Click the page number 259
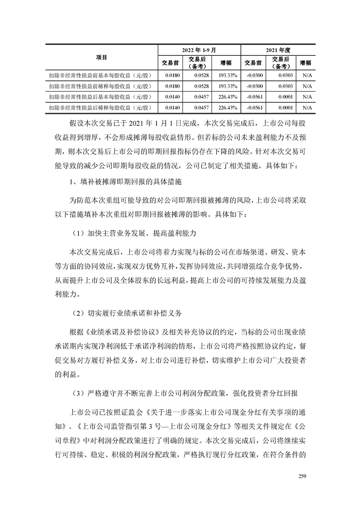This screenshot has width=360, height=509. (x=303, y=475)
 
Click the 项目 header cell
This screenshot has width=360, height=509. (x=102, y=57)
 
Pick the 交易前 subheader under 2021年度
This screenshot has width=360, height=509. (x=253, y=63)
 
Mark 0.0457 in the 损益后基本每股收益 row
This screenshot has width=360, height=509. (x=199, y=97)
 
